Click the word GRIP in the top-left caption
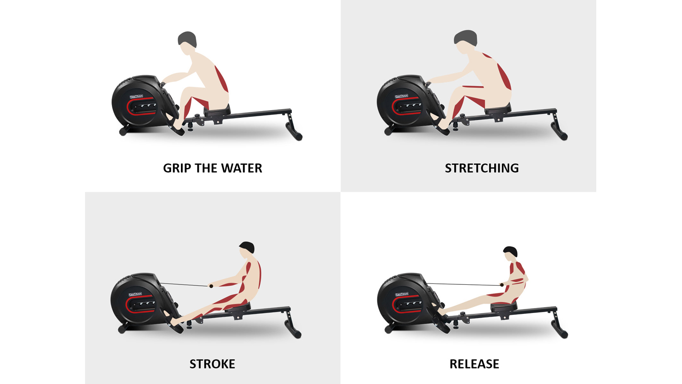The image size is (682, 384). click(177, 168)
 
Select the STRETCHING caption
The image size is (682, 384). click(481, 168)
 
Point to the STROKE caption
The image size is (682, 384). click(212, 364)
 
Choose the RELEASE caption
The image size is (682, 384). click(474, 364)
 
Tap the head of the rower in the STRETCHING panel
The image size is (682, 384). click(465, 40)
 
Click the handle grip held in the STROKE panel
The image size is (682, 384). click(211, 286)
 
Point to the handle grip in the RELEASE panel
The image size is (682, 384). click(502, 285)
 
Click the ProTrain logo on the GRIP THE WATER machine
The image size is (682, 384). click(136, 97)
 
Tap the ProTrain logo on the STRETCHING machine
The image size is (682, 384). click(401, 96)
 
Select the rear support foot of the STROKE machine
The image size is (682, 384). click(293, 328)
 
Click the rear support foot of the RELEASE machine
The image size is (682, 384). click(559, 328)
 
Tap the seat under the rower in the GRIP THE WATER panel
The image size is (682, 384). click(217, 110)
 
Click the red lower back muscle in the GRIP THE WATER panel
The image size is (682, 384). click(222, 79)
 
